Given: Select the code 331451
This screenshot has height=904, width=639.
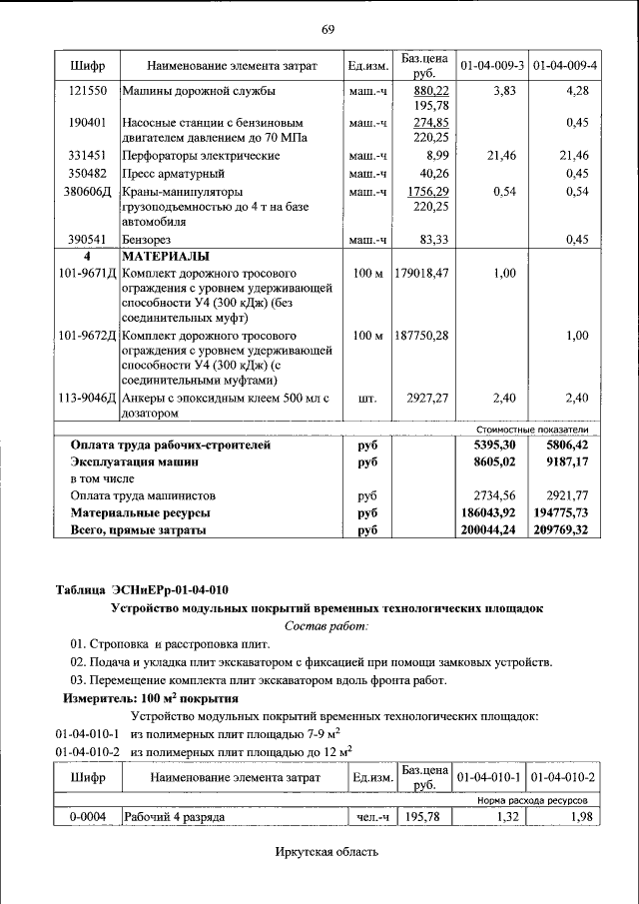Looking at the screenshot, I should tap(87, 156).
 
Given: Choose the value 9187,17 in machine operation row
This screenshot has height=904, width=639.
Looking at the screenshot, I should tap(565, 461).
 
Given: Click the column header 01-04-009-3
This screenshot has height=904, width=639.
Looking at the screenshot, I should tap(492, 66).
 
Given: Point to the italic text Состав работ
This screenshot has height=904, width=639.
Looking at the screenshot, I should tap(326, 625).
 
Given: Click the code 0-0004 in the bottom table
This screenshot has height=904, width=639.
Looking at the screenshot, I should tap(87, 817).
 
